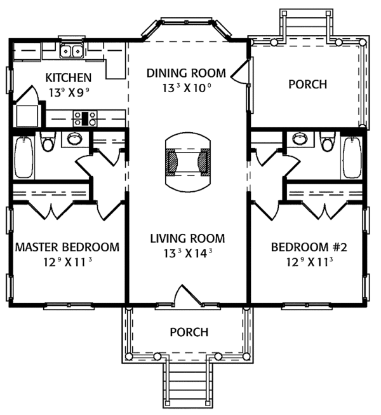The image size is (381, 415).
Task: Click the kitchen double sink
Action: tap(71, 50)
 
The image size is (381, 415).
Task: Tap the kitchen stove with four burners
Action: tap(85, 118)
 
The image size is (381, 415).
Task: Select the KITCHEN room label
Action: tap(69, 78)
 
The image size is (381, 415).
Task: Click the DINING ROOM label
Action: tap(186, 73)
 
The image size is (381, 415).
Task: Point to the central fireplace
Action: tap(188, 162)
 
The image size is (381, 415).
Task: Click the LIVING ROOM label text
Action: tap(187, 238)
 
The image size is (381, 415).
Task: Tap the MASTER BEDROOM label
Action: tap(67, 247)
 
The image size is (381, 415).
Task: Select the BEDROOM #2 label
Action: tap(309, 247)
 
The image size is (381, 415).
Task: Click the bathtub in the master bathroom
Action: tap(24, 157)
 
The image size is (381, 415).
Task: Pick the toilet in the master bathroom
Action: tap(48, 142)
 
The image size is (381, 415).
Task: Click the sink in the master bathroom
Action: tap(74, 139)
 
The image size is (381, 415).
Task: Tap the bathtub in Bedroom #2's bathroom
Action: tap(352, 157)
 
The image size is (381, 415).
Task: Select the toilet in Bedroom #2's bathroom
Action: tap(328, 142)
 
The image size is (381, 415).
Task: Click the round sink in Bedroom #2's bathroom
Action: tap(300, 139)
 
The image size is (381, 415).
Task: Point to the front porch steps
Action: tap(187, 383)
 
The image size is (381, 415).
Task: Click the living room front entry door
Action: tap(188, 295)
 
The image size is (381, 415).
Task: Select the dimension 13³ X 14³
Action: tap(188, 254)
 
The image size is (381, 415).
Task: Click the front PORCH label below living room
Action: tap(189, 332)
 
